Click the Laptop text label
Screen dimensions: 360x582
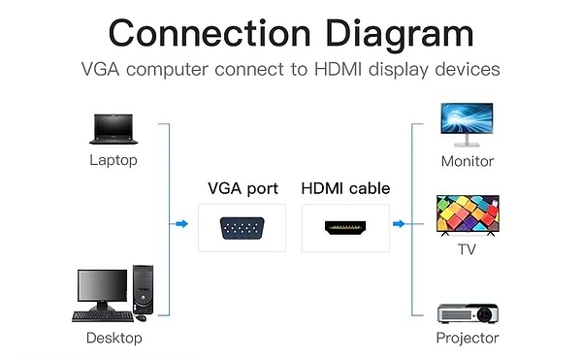click(113, 160)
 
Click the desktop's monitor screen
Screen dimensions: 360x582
click(102, 287)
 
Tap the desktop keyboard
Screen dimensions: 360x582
click(100, 315)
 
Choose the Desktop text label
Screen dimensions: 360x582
click(113, 338)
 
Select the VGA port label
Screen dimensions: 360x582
click(242, 188)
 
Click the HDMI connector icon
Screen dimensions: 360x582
click(344, 229)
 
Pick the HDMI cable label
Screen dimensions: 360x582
click(344, 188)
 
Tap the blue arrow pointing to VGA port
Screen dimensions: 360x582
click(180, 224)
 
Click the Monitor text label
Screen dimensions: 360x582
click(468, 161)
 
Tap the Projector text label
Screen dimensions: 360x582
click(468, 338)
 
